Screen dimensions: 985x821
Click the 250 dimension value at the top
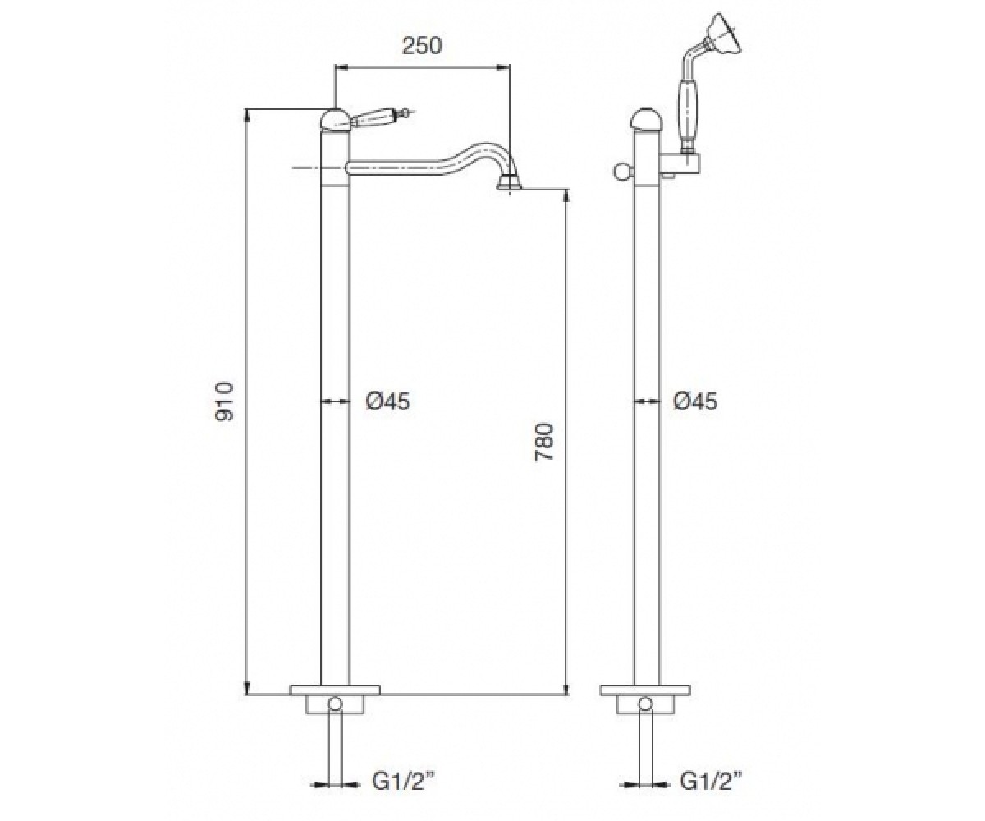click(x=422, y=46)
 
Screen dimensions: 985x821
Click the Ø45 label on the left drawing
click(x=388, y=401)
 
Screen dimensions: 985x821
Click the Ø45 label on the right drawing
click(x=695, y=401)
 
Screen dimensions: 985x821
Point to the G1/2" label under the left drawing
click(x=402, y=782)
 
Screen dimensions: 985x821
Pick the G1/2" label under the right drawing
click(x=711, y=782)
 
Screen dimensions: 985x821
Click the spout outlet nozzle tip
click(x=509, y=185)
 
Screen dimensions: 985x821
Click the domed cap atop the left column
click(x=335, y=119)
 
